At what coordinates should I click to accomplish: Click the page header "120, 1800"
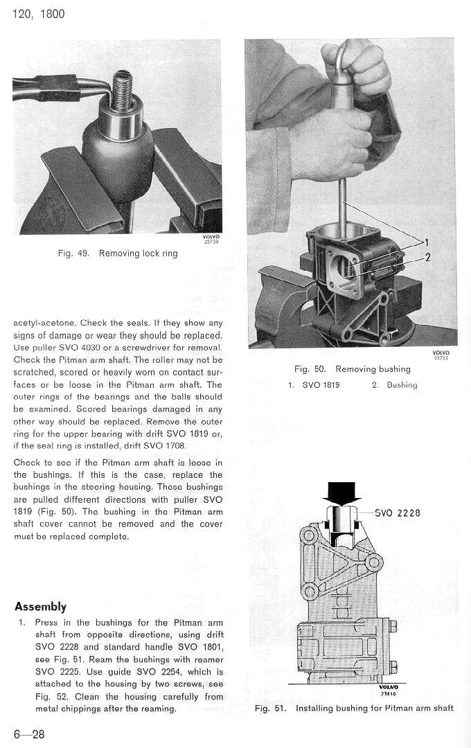point(39,14)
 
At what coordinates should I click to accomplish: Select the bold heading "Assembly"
point(40,607)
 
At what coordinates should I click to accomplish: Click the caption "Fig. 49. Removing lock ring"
point(118,253)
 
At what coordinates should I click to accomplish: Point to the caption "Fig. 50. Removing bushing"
point(353,369)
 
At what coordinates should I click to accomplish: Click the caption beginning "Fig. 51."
point(354,708)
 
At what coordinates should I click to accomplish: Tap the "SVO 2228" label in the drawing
point(398,513)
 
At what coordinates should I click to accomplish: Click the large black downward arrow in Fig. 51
point(342,493)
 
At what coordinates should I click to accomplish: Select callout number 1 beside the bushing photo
point(427,242)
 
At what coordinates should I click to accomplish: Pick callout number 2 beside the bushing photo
point(428,258)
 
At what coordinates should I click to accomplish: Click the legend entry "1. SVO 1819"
point(314,385)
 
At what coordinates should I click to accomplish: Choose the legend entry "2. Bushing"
point(394,385)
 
